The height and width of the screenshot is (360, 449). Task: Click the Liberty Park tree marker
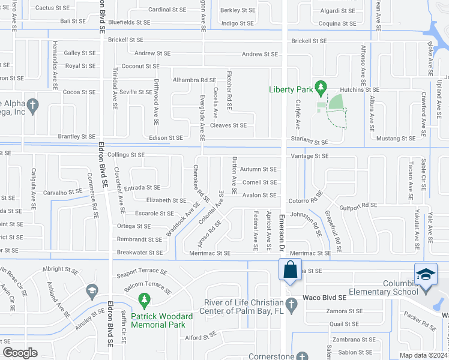[x=321, y=89]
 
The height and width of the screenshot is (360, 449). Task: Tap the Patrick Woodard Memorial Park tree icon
[x=143, y=299]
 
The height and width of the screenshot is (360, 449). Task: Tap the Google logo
[x=20, y=353]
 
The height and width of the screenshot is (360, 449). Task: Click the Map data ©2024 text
[x=423, y=355]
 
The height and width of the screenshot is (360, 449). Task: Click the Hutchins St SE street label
[x=360, y=89]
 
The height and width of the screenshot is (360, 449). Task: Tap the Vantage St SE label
[x=310, y=155]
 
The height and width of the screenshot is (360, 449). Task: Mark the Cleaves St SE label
[x=228, y=125]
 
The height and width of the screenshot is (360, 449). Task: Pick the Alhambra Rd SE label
[x=194, y=79]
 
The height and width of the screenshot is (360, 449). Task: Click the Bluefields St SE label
[x=130, y=22]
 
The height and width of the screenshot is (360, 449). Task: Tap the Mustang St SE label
[x=394, y=138]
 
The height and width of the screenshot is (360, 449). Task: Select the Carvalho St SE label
[x=62, y=192]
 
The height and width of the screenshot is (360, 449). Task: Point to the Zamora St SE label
[x=345, y=311]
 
